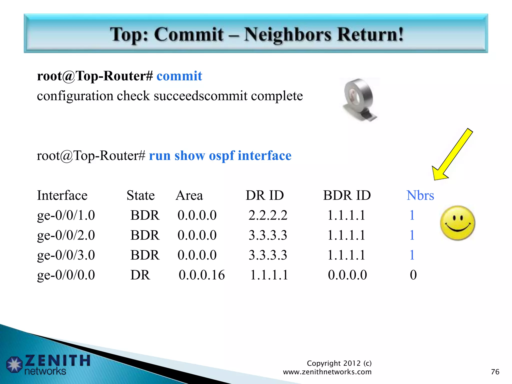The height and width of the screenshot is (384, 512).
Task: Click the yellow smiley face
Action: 457,223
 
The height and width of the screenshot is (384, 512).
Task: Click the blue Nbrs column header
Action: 420,195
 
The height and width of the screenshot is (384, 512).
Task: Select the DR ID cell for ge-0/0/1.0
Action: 268,215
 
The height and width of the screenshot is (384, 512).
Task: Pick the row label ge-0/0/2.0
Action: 66,235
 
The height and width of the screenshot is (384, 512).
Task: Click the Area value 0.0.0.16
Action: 202,275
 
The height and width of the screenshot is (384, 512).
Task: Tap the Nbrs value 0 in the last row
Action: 413,275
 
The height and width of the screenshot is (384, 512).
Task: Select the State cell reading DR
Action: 140,275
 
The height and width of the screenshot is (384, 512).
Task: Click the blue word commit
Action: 179,76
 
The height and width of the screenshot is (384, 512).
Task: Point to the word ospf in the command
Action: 222,156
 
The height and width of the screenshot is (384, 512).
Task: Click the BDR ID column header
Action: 347,195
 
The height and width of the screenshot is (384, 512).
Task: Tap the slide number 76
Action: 495,372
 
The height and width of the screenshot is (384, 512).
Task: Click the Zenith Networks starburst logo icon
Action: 14,364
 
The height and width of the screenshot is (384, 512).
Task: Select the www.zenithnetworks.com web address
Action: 327,372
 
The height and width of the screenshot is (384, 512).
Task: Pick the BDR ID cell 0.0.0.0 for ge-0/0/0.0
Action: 347,275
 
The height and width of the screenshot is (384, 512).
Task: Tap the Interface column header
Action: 62,195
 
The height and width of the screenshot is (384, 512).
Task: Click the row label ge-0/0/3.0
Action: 66,255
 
